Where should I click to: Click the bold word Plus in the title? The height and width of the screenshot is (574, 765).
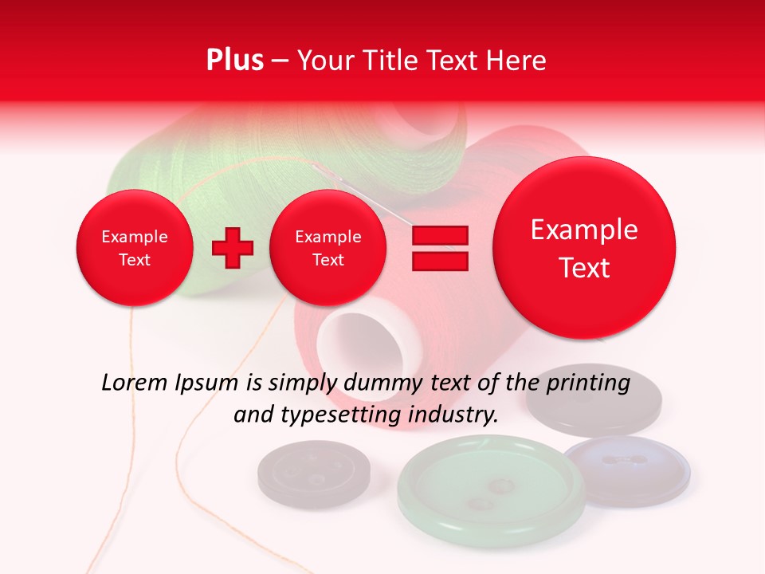[x=234, y=61]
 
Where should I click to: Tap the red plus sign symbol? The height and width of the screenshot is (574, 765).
[x=232, y=248]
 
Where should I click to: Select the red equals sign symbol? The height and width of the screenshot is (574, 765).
[x=439, y=248]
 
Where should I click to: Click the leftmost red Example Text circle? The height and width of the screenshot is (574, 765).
[x=134, y=248]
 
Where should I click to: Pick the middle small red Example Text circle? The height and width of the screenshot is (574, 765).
[x=328, y=248]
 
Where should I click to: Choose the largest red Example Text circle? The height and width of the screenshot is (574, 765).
[x=584, y=248]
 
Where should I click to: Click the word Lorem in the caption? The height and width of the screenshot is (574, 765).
[x=135, y=383]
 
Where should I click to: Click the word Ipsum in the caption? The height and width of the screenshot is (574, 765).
[x=209, y=383]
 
